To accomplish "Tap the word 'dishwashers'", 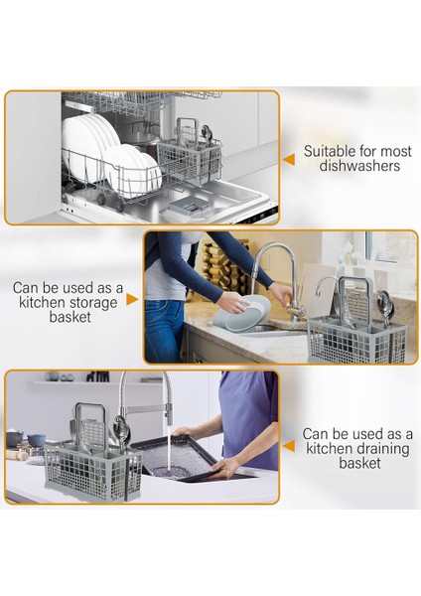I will pos(351,167).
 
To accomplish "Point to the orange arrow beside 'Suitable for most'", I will pos(289,158).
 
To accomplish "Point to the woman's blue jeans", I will pos(164,323).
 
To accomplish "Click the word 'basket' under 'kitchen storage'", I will pos(69,318).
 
